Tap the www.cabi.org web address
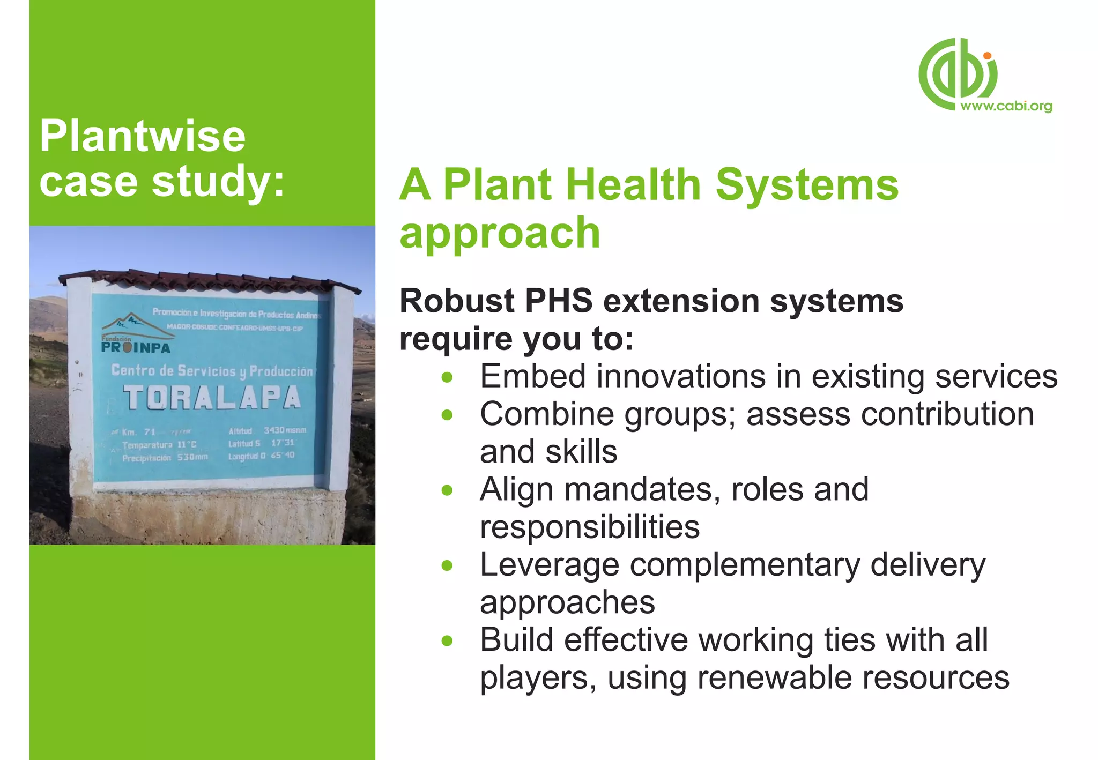[1006, 106]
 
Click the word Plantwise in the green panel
[142, 136]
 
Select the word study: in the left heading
[218, 181]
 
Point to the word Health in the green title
[633, 185]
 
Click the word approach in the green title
[499, 233]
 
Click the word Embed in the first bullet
[532, 376]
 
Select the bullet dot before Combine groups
[447, 415]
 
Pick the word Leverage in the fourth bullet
[550, 565]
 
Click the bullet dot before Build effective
[447, 640]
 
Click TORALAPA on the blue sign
[212, 398]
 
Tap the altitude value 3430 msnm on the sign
[284, 430]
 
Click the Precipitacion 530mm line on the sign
[165, 458]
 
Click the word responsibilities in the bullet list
[590, 527]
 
